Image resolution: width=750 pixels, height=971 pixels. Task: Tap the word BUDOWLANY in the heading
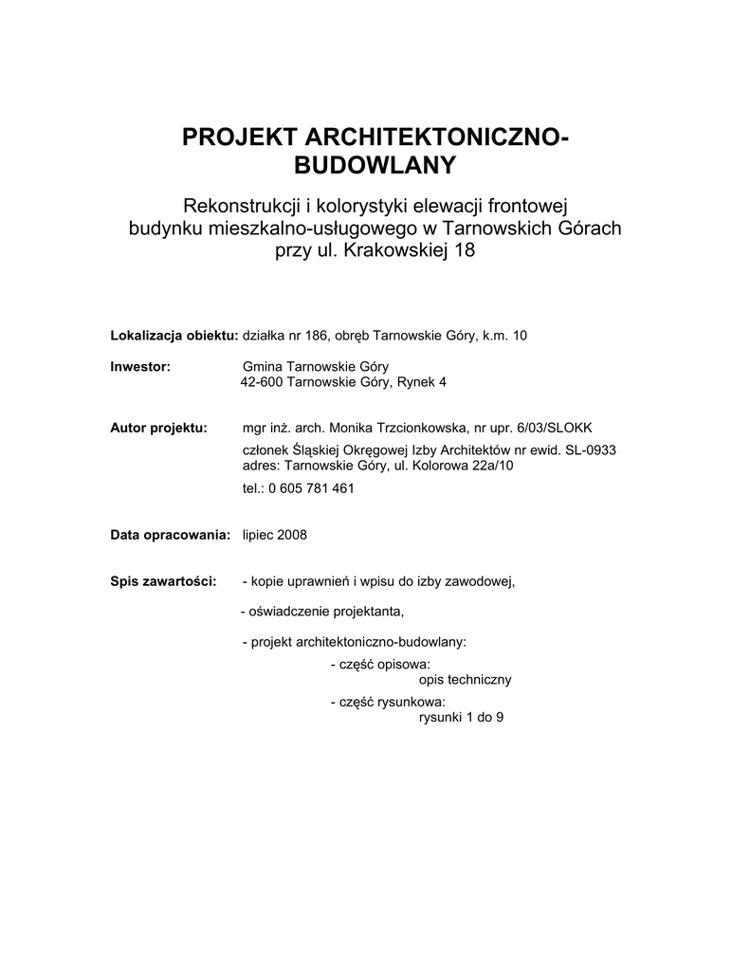(375, 167)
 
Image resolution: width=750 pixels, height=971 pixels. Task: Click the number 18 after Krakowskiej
(463, 251)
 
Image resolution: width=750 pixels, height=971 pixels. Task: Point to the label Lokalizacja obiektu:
(174, 335)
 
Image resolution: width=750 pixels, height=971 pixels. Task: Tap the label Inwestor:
(140, 366)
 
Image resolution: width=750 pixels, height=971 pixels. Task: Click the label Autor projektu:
(159, 428)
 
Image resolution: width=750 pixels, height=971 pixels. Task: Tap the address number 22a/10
(496, 466)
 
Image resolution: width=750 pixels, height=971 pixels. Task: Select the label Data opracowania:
(171, 535)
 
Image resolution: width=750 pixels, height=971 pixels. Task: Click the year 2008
(291, 535)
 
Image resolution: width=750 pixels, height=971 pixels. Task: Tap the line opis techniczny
(466, 680)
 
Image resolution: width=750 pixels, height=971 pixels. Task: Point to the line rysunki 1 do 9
(461, 718)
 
